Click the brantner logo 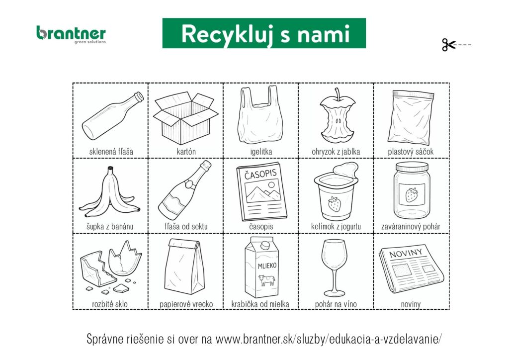pos(71,35)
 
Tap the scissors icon pos(449,45)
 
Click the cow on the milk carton pos(266,280)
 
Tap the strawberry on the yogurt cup pos(335,204)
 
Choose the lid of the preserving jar pos(412,167)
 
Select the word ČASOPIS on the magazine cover pos(260,174)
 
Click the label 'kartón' pos(186,152)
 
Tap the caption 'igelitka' pos(261,152)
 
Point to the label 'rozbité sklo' pos(110,304)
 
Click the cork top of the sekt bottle pos(206,165)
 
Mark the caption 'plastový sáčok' pos(411,152)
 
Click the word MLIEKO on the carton pos(267,266)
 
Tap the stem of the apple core pos(338,94)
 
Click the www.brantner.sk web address pos(328,339)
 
